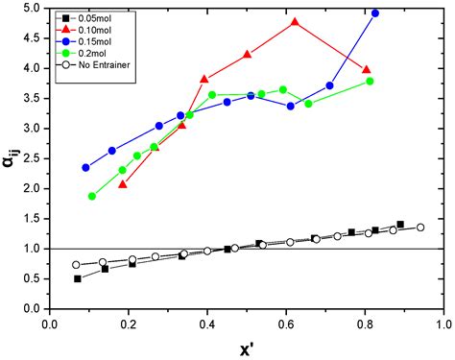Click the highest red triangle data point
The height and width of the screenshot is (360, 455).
point(295,21)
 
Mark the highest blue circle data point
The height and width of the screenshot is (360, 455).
point(374,13)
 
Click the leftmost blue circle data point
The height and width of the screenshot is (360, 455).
point(85,167)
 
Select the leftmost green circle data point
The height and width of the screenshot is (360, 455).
point(92,196)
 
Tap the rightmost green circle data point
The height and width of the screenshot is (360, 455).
point(370,82)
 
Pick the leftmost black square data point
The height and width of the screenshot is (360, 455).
point(78,278)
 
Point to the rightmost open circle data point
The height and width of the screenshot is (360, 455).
point(420,228)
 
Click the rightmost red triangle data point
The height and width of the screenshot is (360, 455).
point(367,69)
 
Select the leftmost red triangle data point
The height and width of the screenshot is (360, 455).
point(122,183)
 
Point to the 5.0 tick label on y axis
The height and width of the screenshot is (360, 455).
point(31,9)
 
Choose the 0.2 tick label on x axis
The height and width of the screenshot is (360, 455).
point(128,324)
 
